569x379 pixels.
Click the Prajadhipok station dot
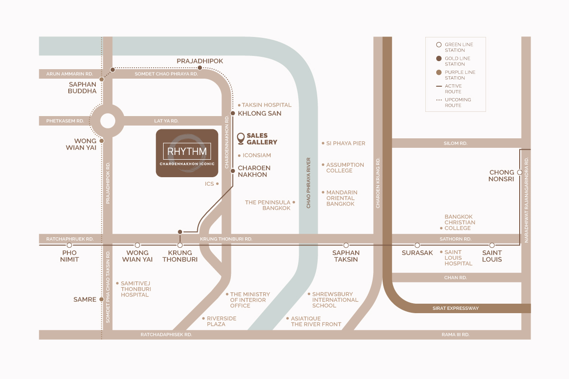(x=200, y=68)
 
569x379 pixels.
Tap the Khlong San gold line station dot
(x=233, y=113)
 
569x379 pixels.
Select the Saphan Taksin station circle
(x=346, y=245)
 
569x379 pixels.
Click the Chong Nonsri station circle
(x=520, y=172)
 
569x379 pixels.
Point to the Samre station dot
(x=101, y=299)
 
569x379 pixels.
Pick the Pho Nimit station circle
(x=69, y=245)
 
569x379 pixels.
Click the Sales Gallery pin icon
(x=240, y=139)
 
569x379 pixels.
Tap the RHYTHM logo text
(x=187, y=152)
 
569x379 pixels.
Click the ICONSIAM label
(x=257, y=155)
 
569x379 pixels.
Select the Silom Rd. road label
(x=456, y=144)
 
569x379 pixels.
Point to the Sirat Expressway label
(x=456, y=308)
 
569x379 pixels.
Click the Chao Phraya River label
(x=309, y=183)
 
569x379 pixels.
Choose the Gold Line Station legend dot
(x=439, y=59)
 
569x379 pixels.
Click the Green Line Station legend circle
(x=439, y=45)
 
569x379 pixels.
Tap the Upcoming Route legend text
(x=458, y=102)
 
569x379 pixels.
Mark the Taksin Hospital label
(x=266, y=105)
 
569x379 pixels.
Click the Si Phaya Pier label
(x=346, y=144)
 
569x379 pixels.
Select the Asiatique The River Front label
(x=316, y=321)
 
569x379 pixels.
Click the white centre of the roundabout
(x=108, y=121)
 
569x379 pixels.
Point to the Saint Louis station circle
(x=492, y=245)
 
